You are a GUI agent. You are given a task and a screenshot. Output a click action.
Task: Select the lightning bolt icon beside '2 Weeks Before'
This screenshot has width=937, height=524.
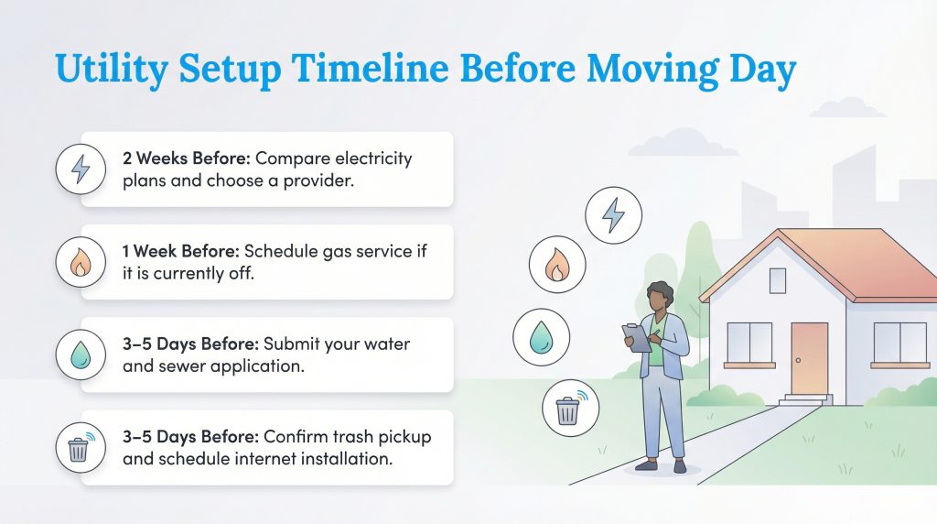pyautogui.click(x=81, y=169)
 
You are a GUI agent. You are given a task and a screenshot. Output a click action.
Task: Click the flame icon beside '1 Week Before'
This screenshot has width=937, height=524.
pyautogui.click(x=81, y=262)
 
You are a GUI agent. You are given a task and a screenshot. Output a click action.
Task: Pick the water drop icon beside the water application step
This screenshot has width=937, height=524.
pyautogui.click(x=81, y=355)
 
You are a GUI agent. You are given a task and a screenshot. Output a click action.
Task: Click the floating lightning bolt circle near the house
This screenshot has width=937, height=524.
pyautogui.click(x=613, y=215)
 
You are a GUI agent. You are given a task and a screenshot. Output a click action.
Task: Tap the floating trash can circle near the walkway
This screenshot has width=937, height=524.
pyautogui.click(x=568, y=408)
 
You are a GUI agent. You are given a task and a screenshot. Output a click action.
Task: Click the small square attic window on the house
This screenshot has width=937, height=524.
pyautogui.click(x=778, y=280)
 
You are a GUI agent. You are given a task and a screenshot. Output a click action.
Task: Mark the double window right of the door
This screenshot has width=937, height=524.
pyautogui.click(x=899, y=343)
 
